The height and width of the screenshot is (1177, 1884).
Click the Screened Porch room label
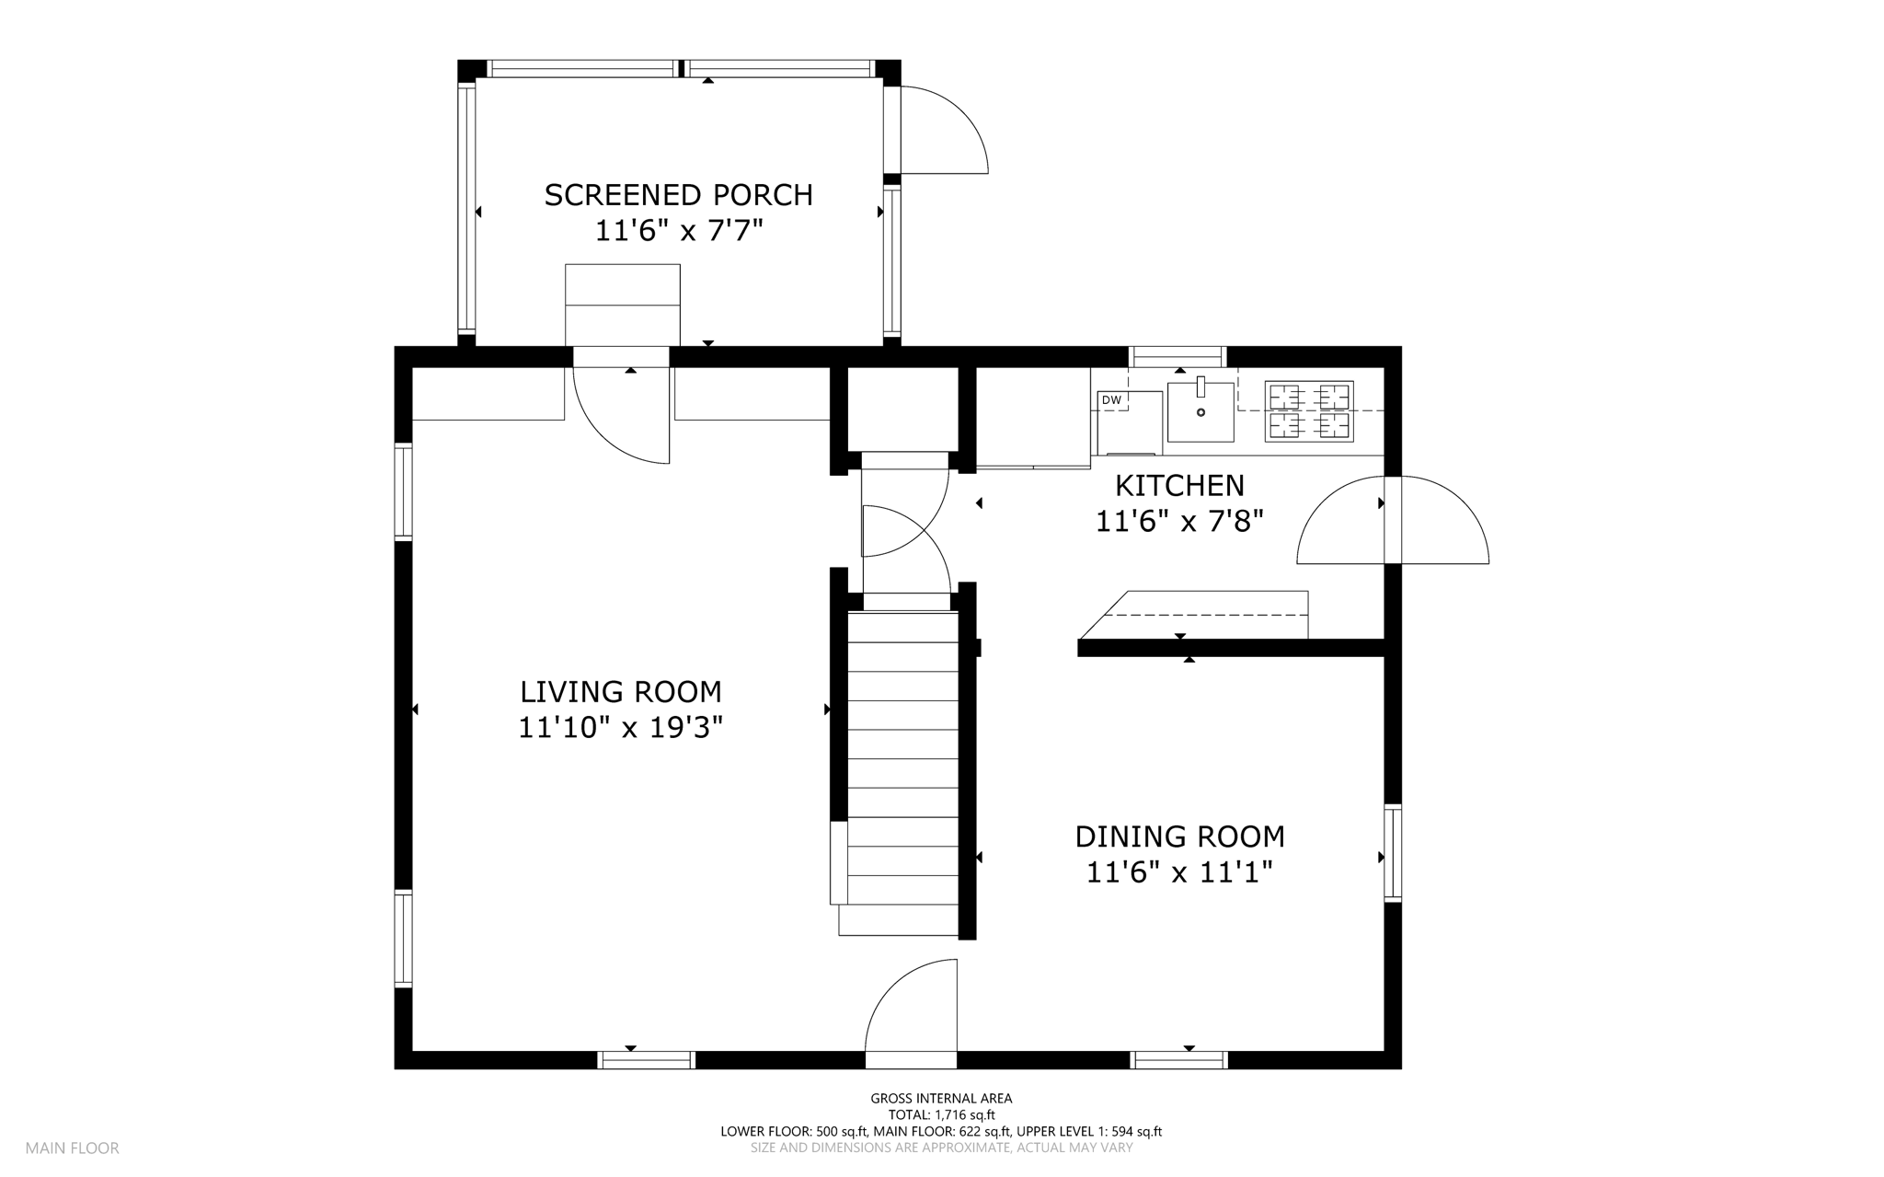(x=679, y=195)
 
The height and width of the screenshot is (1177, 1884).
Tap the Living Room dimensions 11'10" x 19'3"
(x=621, y=728)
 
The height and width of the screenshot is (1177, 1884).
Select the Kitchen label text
(x=1179, y=485)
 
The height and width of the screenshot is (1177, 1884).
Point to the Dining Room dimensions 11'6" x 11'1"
(x=1179, y=871)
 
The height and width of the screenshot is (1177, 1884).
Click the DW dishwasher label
(x=1111, y=400)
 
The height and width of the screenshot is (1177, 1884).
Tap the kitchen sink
(x=1200, y=411)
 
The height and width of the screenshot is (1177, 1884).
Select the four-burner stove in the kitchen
(x=1309, y=411)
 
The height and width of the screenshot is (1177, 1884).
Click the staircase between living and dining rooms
(x=902, y=773)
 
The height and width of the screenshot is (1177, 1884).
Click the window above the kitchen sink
(x=1177, y=356)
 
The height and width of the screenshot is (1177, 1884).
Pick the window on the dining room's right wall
(x=1393, y=852)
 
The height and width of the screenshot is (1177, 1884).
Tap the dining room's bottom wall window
(x=1178, y=1060)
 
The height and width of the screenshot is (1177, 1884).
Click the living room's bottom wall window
(x=646, y=1060)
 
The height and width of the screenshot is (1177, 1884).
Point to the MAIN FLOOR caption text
(x=73, y=1148)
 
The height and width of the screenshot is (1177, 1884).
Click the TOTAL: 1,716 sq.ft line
(x=941, y=1114)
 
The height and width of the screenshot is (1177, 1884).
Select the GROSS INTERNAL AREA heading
(x=941, y=1098)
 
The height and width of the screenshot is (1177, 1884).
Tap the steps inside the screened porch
(x=623, y=305)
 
